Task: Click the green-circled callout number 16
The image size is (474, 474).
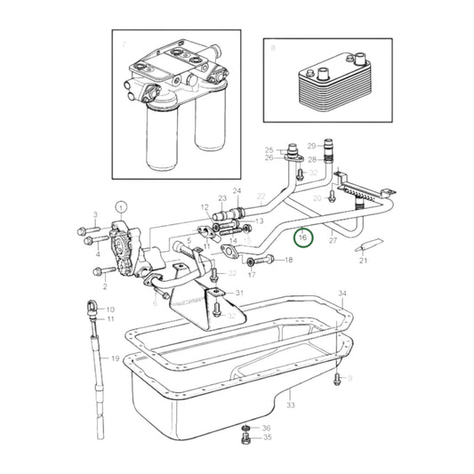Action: (302, 237)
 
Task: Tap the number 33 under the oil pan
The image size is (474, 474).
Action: (290, 405)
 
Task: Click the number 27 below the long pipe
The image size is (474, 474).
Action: (333, 240)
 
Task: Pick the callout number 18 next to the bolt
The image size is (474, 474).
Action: (287, 261)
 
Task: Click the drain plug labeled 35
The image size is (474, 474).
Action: (244, 438)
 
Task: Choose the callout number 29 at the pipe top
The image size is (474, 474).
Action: (311, 145)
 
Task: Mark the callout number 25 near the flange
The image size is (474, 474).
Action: (269, 150)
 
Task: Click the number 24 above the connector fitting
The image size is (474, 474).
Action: (237, 191)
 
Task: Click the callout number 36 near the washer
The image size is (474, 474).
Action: (266, 428)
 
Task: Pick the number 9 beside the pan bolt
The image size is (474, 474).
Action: (349, 379)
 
